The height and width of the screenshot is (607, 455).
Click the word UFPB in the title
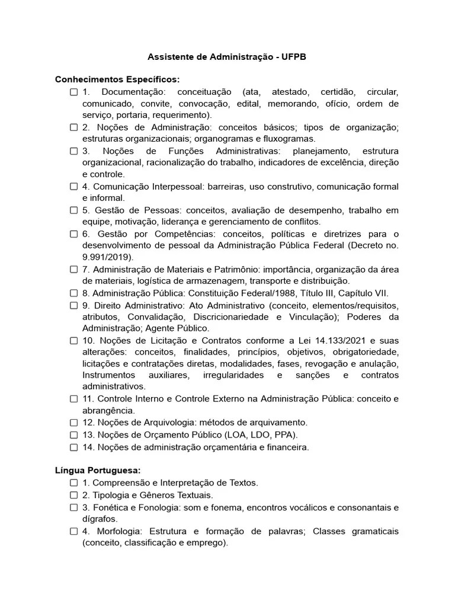click(294, 57)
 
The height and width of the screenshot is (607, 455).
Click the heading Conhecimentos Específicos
click(117, 79)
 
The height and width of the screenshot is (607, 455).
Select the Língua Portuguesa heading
click(98, 470)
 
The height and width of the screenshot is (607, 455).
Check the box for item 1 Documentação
click(74, 92)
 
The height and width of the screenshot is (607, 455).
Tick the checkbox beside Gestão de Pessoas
click(74, 210)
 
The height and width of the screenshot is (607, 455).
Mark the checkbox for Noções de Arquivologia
click(74, 423)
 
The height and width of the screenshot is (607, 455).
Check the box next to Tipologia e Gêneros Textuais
click(74, 495)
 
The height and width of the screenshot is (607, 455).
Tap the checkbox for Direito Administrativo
click(74, 305)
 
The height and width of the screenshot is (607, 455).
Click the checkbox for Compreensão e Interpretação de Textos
click(74, 483)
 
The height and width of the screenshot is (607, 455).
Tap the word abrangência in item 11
click(108, 410)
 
